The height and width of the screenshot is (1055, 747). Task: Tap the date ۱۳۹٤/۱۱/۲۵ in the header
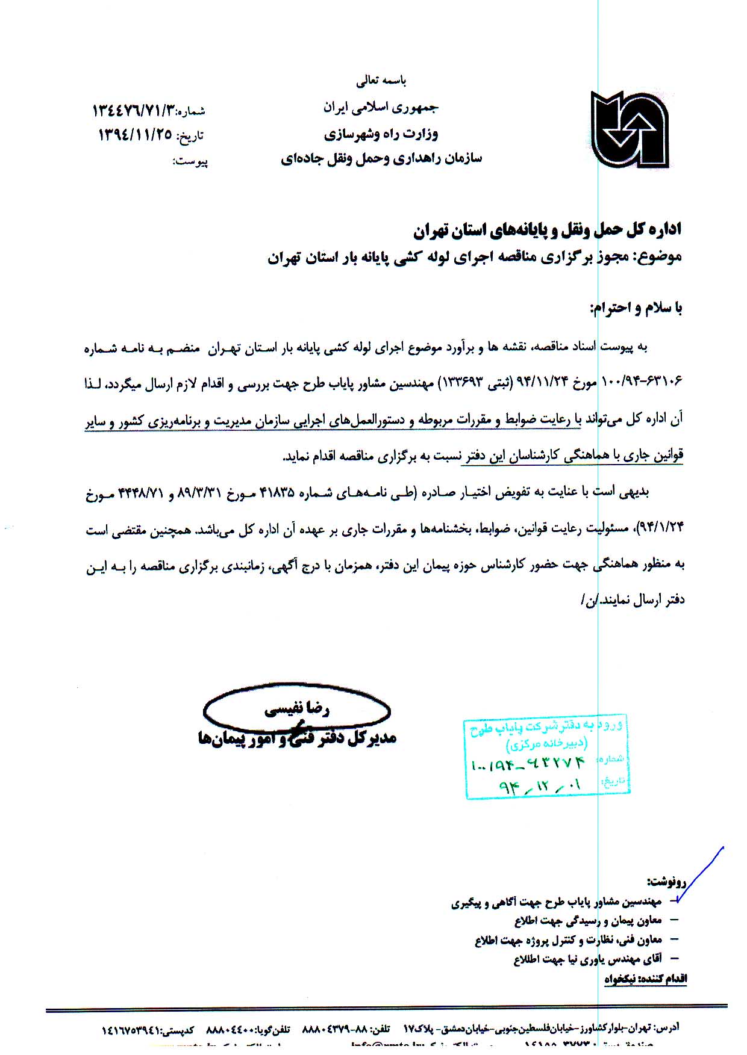click(135, 135)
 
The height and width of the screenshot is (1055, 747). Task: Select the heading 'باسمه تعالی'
click(381, 80)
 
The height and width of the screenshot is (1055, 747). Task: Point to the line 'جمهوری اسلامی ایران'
click(381, 108)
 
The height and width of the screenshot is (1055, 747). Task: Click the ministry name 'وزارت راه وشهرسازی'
click(381, 134)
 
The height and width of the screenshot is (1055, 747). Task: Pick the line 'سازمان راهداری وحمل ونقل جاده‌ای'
click(381, 159)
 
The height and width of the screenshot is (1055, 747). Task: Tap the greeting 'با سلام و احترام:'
click(636, 309)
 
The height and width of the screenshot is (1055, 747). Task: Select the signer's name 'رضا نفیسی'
click(297, 710)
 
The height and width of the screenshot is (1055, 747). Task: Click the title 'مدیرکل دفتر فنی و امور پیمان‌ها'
click(297, 738)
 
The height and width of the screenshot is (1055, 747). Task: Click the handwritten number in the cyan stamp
click(528, 764)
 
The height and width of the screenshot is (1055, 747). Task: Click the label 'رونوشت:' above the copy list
click(666, 882)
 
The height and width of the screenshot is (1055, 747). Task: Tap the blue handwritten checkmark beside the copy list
click(699, 876)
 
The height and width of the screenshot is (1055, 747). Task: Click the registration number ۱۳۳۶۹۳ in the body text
click(464, 383)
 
